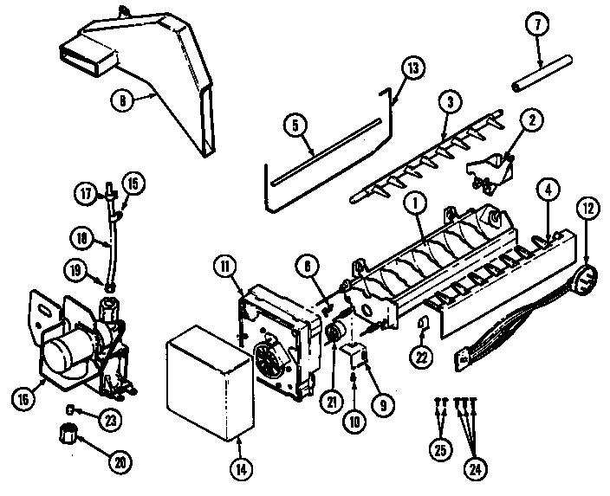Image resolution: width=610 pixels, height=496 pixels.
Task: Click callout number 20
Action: click(x=116, y=462)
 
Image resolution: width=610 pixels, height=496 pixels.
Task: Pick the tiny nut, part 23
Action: click(x=68, y=409)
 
